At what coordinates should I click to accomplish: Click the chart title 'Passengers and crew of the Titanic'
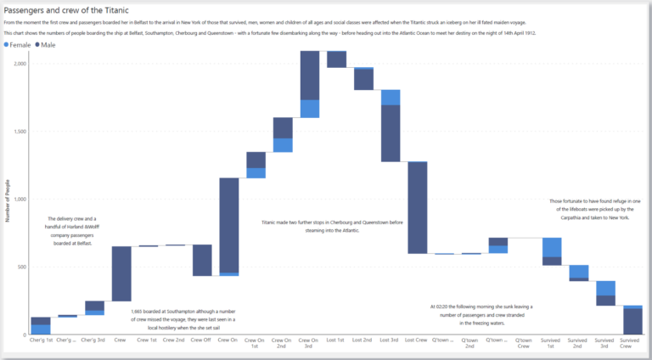click(x=67, y=10)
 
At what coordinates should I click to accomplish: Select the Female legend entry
click(x=20, y=43)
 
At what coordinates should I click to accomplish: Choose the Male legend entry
click(x=51, y=43)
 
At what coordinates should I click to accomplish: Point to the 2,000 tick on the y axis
click(x=20, y=64)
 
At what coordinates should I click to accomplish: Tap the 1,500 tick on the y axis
click(x=20, y=132)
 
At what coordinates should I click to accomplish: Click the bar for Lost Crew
click(x=417, y=207)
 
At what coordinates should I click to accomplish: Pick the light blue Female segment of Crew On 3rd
click(x=310, y=109)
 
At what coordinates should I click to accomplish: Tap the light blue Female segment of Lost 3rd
click(x=391, y=97)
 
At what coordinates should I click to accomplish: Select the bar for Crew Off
click(x=202, y=260)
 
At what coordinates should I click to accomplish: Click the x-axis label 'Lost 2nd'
click(x=363, y=340)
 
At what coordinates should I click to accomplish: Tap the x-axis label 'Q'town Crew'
click(x=524, y=343)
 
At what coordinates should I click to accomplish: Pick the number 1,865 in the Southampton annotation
click(x=140, y=312)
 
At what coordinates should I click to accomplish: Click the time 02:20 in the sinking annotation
click(x=447, y=307)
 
